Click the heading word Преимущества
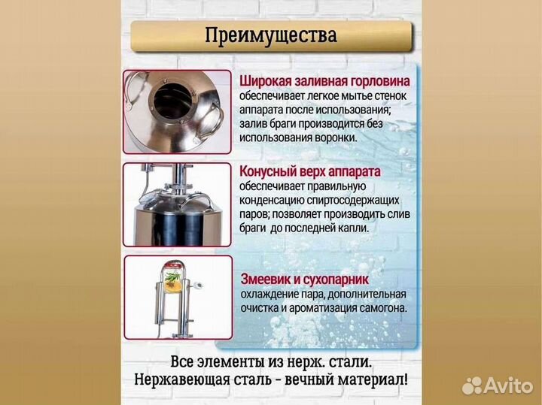pos(270,35)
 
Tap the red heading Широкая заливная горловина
pos(325,81)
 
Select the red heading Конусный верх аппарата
pos(310,171)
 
